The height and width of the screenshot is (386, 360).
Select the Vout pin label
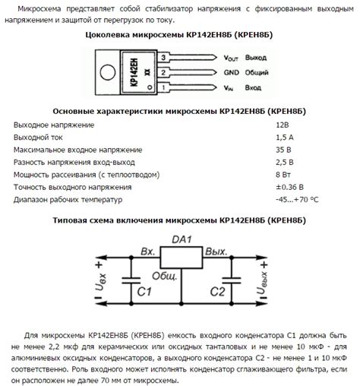232,57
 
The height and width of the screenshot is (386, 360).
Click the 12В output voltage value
283,124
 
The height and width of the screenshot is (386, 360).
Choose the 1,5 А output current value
285,137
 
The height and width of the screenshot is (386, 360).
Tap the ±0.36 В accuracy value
290,187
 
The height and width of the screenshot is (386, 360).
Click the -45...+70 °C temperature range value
298,200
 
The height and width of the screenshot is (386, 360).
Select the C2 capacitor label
218,290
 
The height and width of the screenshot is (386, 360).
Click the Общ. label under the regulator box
163,276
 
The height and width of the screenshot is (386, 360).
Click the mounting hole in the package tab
103,72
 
